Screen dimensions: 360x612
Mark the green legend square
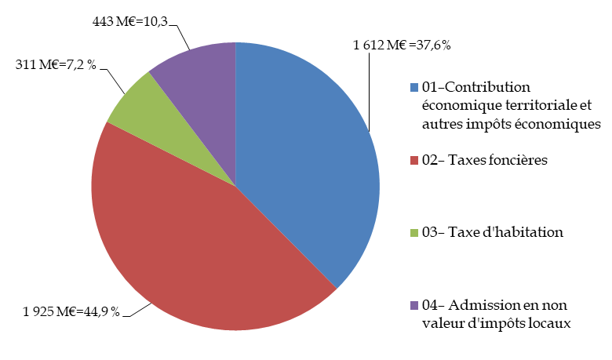click(413, 233)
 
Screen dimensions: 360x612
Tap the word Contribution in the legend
click(489, 86)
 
